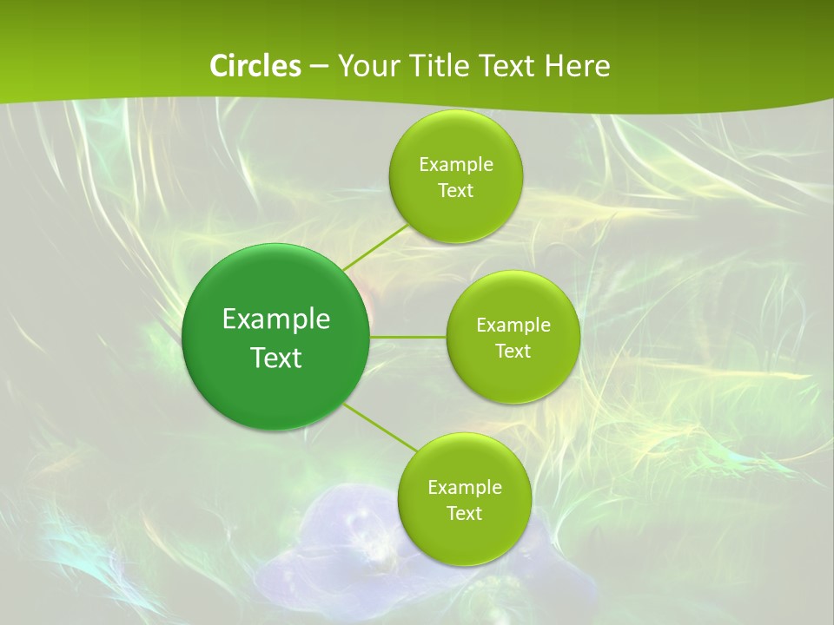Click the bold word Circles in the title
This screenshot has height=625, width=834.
[255, 66]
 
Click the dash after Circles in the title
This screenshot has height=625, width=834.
[319, 67]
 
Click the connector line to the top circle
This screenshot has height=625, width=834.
[376, 247]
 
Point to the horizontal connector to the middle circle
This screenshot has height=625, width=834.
[408, 337]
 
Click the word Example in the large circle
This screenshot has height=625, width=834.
[276, 319]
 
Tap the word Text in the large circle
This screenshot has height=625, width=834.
[276, 358]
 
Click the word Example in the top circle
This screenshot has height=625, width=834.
[456, 165]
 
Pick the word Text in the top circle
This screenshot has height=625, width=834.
[455, 191]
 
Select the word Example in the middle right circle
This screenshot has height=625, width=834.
[513, 326]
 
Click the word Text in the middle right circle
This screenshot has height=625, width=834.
[513, 352]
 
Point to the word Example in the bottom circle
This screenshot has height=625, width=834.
[465, 488]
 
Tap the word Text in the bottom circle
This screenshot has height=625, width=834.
[464, 514]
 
